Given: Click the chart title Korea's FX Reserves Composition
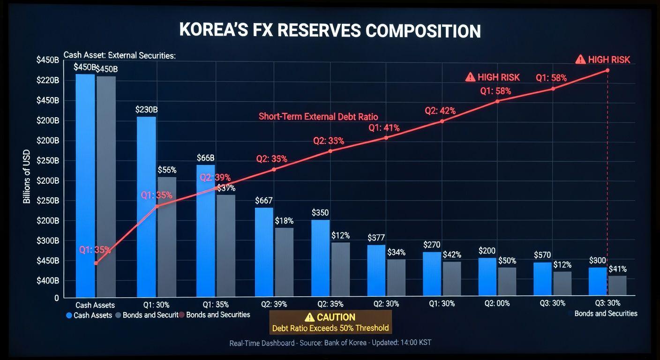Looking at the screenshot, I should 330,31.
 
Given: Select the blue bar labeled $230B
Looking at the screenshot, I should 146,206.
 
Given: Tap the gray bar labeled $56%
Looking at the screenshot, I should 167,237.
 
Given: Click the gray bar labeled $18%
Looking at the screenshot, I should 284,262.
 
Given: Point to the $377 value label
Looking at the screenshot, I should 376,238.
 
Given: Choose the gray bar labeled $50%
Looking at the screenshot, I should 507,281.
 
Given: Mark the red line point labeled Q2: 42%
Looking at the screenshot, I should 442,121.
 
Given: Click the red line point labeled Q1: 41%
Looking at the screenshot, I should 386,138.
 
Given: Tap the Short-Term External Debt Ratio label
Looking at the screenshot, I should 318,117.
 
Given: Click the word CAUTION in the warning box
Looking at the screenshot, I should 336,317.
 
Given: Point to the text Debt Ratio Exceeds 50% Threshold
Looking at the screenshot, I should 330,328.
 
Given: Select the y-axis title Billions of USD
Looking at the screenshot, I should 27,176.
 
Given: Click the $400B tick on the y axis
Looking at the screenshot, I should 48,281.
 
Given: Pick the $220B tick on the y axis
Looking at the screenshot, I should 48,80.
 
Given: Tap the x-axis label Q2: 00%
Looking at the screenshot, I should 497,303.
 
